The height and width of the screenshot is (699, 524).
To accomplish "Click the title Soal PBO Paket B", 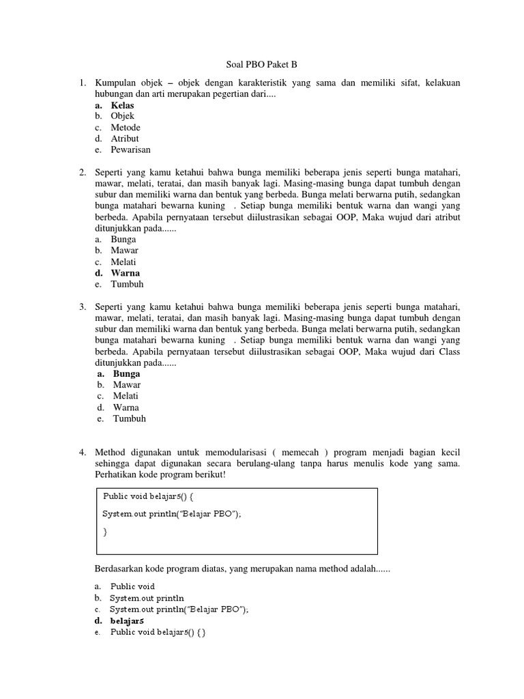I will (x=262, y=66).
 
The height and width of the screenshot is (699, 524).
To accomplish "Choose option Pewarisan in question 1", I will (x=130, y=149).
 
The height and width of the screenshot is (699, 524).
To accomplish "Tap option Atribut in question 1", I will (x=125, y=139).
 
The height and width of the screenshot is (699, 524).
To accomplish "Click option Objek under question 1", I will (x=123, y=117).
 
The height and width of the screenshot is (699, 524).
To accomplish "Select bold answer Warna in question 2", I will (x=126, y=273).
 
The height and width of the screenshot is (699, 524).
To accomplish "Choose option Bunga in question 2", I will (x=123, y=240).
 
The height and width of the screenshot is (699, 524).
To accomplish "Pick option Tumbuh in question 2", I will (x=128, y=284).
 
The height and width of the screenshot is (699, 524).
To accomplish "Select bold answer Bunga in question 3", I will (x=126, y=374).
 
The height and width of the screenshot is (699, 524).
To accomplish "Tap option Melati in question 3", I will (x=126, y=396).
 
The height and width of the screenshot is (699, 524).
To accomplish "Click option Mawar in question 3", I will (x=126, y=385).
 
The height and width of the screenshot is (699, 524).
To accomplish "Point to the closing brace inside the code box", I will (x=105, y=530).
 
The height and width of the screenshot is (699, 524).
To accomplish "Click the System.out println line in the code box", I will (x=172, y=513).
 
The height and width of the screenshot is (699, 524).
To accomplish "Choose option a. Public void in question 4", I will (x=132, y=586).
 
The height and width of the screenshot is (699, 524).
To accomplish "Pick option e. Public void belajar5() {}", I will (x=158, y=633).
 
